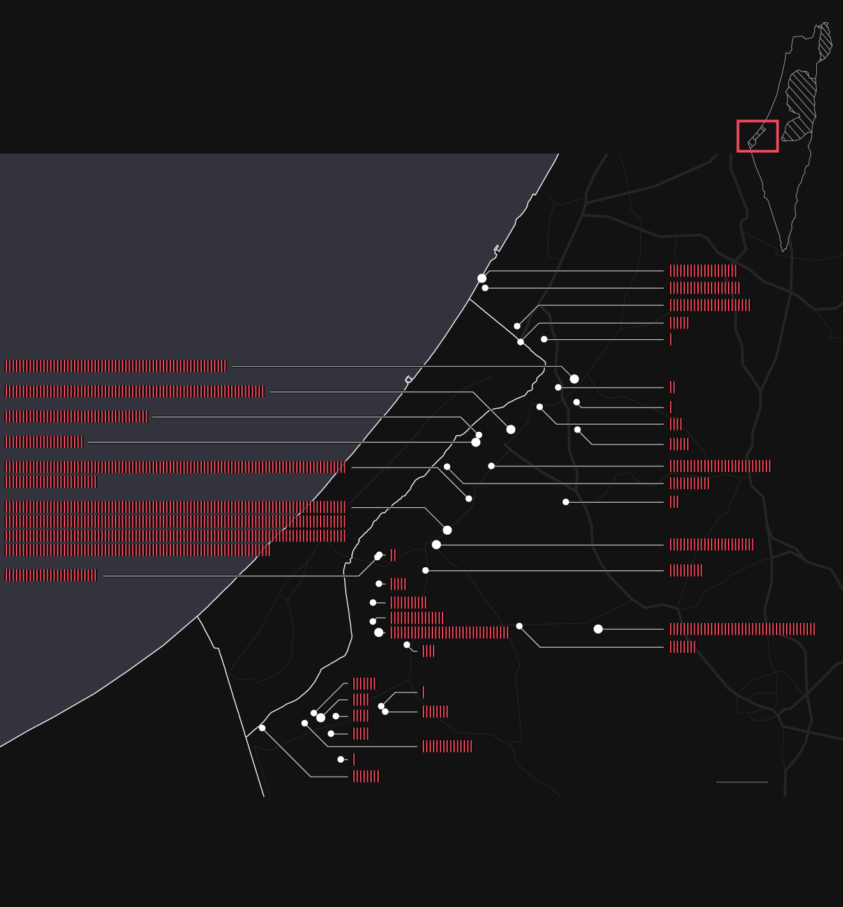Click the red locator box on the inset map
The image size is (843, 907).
(757, 136)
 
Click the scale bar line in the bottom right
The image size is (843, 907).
(742, 782)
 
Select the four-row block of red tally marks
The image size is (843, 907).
(175, 528)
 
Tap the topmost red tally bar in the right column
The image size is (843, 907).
(703, 271)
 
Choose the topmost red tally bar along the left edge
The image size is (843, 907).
(116, 366)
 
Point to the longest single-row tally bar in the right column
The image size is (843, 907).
(742, 629)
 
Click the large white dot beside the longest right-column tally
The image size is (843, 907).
(598, 629)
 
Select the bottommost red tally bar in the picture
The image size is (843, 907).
(366, 777)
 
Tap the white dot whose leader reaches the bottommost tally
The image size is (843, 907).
(262, 728)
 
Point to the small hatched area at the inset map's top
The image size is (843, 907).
(825, 42)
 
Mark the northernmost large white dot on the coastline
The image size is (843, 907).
(482, 278)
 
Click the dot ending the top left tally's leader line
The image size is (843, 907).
(574, 379)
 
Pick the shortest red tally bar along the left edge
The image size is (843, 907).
(44, 442)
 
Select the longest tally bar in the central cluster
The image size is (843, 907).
(450, 632)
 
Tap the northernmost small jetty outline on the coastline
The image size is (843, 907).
(496, 248)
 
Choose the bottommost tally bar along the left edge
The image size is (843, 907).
(51, 575)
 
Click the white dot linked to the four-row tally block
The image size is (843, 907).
(447, 530)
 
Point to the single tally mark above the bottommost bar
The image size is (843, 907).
(354, 759)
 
